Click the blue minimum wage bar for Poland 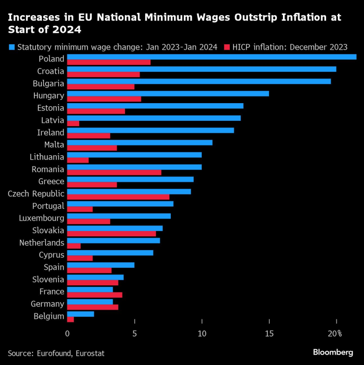(212, 56)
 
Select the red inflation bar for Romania (114, 172)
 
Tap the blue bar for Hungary (168, 93)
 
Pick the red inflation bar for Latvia (73, 123)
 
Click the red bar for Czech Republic (118, 197)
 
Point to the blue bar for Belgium (80, 314)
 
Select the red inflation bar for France (94, 295)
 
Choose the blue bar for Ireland (151, 130)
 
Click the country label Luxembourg (42, 218)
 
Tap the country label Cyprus (52, 255)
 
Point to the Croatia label (51, 71)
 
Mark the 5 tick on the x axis (134, 334)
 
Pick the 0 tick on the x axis (67, 334)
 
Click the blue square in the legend (11, 47)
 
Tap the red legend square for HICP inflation (227, 47)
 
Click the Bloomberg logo (333, 352)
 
